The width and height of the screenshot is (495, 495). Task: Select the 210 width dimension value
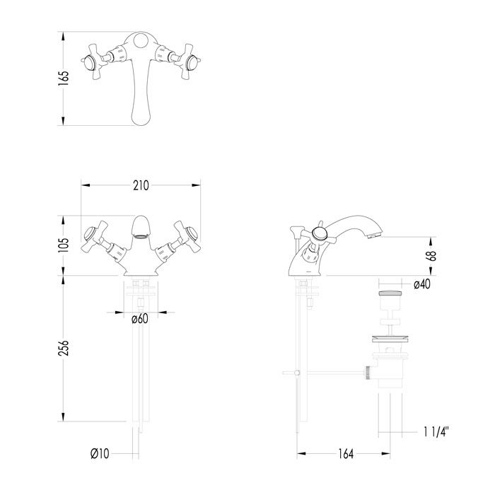click(x=141, y=185)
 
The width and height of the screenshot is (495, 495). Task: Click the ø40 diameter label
click(x=423, y=284)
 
